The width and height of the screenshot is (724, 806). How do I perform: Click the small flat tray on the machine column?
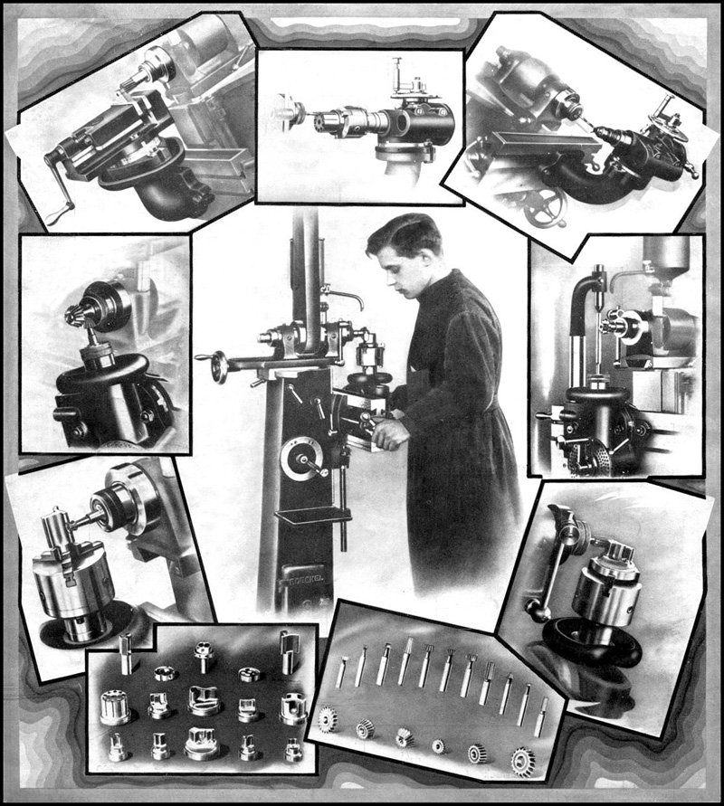tap(312, 516)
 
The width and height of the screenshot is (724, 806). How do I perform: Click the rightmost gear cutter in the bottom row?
tap(522, 761)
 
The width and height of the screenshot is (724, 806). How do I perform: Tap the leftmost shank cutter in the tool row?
tap(341, 670)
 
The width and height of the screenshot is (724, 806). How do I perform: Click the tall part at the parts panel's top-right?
tap(289, 650)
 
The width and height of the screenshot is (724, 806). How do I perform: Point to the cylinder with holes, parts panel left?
tap(115, 707)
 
